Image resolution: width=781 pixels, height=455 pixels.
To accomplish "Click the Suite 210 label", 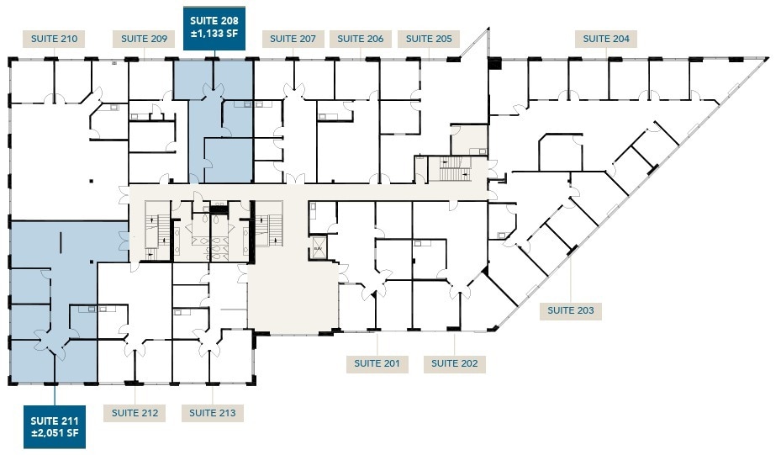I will (55, 39).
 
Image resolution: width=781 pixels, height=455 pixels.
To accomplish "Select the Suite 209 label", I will (144, 39).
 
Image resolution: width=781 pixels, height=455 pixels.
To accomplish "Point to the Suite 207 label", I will (293, 39).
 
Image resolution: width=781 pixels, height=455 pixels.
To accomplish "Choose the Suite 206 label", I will (361, 39).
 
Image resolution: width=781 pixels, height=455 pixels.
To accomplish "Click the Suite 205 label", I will (429, 39).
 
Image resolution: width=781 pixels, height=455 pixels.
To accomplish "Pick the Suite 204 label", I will (606, 39).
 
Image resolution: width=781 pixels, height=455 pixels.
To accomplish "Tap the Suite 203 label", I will (570, 310).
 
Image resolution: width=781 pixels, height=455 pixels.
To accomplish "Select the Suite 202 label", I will (455, 363).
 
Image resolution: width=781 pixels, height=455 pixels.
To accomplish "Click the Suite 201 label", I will (377, 363).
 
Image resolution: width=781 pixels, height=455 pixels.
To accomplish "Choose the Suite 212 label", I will (135, 413).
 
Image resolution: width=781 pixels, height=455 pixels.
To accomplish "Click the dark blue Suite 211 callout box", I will (55, 426).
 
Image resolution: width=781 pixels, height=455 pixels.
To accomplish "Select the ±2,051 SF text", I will (55, 434).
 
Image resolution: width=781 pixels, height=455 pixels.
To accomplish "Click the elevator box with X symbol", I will (319, 250).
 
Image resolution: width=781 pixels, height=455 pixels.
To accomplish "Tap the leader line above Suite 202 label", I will (455, 343).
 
